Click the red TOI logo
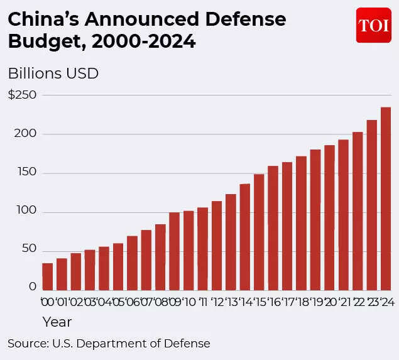(373, 26)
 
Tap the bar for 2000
(48, 276)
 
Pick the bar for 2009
(174, 251)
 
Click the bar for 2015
(259, 232)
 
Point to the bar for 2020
(329, 217)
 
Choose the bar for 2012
(217, 246)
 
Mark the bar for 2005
(118, 266)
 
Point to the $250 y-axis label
(22, 95)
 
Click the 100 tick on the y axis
(22, 212)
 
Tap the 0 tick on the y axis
(33, 286)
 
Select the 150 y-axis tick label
(22, 173)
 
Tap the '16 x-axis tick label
(273, 302)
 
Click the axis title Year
(57, 322)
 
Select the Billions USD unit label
(53, 73)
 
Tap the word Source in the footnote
(27, 344)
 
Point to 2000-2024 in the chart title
(143, 42)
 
